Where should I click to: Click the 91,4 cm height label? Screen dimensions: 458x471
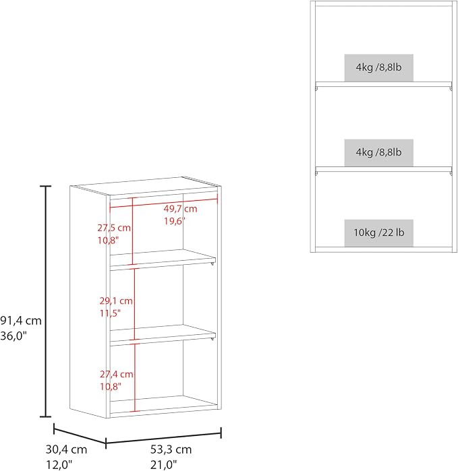[x=21, y=321]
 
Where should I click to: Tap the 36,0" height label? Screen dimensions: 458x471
[x=13, y=336]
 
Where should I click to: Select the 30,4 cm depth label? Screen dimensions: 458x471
[x=67, y=449]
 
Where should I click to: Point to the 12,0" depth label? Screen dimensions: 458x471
[x=59, y=464]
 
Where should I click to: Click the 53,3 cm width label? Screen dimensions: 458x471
[x=171, y=449]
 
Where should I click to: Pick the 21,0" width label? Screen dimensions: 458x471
[x=164, y=464]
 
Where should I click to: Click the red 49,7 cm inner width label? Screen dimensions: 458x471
[x=180, y=208]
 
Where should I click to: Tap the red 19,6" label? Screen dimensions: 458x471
[x=175, y=221]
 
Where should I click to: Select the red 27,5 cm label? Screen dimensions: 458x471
[x=114, y=228]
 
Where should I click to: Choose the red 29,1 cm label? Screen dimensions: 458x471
[x=116, y=301]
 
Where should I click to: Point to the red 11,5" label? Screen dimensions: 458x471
[x=110, y=313]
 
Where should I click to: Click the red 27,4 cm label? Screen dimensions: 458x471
[x=117, y=374]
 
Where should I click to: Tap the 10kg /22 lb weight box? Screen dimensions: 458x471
[x=379, y=233]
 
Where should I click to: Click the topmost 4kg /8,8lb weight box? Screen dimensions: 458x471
[x=379, y=68]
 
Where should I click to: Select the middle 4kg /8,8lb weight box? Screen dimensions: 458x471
[x=379, y=153]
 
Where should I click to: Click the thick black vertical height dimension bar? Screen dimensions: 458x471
[x=45, y=302]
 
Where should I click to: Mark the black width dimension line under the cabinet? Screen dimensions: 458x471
[x=164, y=438]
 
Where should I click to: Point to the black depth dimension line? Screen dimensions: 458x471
[x=80, y=433]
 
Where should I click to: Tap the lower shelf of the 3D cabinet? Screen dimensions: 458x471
[x=163, y=333]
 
